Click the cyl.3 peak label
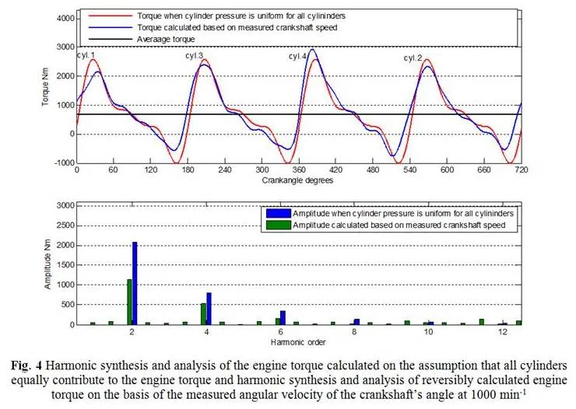(x=194, y=56)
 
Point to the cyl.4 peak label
(x=298, y=57)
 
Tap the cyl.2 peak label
(x=413, y=58)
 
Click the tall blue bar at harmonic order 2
(x=135, y=283)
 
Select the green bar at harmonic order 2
(x=129, y=302)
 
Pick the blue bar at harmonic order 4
(x=209, y=309)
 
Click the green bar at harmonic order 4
(x=203, y=313)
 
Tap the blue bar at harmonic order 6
(x=283, y=317)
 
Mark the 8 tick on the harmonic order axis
(x=355, y=332)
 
